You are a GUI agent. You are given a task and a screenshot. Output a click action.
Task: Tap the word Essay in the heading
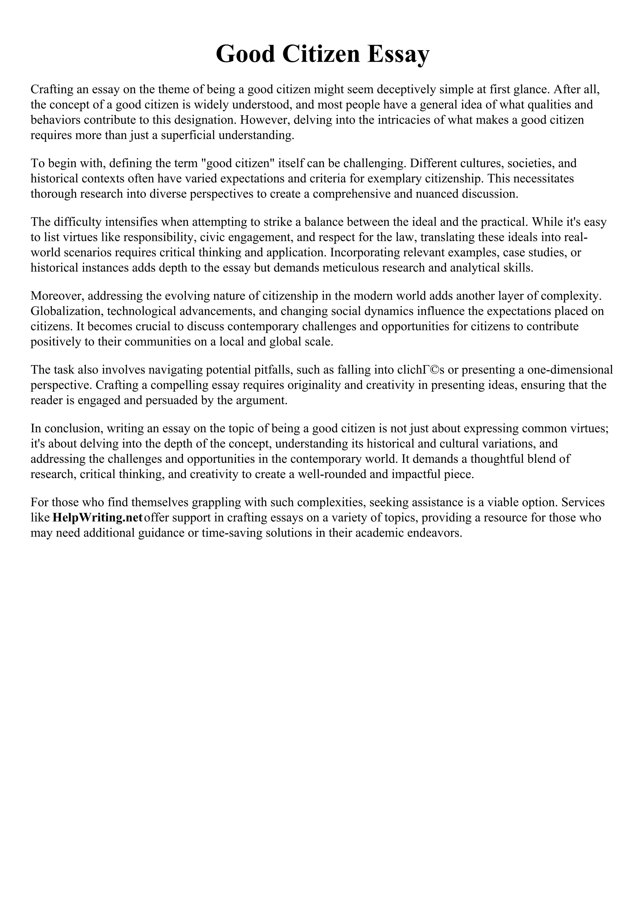click(398, 54)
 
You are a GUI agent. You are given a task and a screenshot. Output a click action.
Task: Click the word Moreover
click(58, 296)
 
